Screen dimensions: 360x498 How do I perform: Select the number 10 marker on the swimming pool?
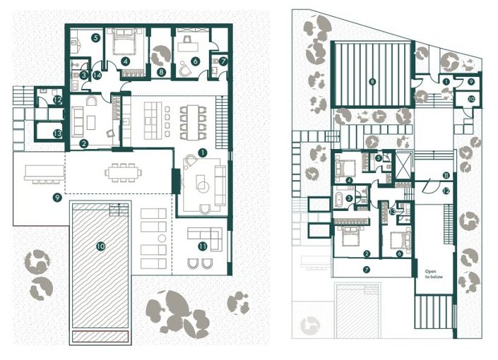click(x=100, y=246)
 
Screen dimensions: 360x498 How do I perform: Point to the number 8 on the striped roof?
click(x=372, y=82)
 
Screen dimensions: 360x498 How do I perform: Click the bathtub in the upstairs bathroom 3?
click(x=343, y=200)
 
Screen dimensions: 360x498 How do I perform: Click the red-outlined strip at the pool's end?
click(x=100, y=335)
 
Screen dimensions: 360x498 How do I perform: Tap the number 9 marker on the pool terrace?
click(x=57, y=198)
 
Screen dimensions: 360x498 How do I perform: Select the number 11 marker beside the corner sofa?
click(x=203, y=246)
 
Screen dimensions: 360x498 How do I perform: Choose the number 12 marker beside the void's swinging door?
click(x=446, y=191)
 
